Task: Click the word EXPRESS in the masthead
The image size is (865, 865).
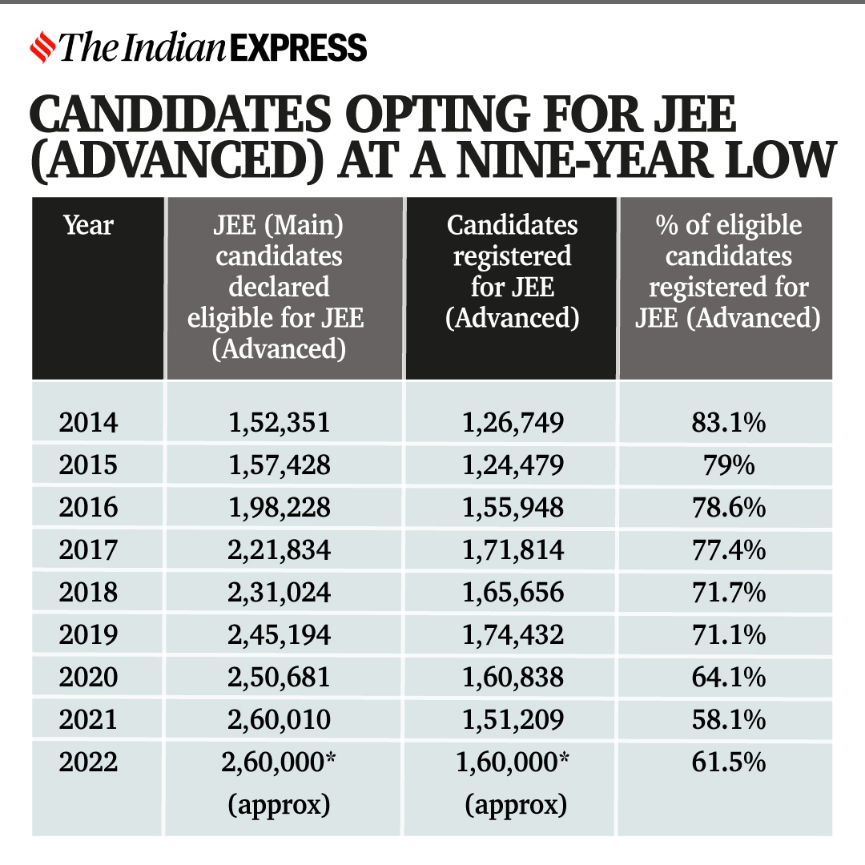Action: point(298,48)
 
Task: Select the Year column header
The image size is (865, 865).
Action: point(88,225)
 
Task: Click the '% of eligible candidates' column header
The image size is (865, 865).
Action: point(728,272)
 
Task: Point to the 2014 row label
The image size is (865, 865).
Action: point(88,422)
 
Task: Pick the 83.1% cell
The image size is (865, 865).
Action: point(728,422)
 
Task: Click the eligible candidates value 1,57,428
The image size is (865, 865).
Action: point(279,465)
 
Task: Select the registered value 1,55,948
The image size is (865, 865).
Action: point(513,507)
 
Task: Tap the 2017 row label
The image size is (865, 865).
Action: point(88,549)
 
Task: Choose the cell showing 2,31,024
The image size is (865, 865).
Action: point(279,592)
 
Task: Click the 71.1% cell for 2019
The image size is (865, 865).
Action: point(728,634)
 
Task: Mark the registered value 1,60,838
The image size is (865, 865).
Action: point(513,677)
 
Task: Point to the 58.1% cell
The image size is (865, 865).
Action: point(728,719)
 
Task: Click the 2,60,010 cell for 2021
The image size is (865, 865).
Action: point(279,719)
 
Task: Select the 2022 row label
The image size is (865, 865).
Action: point(88,762)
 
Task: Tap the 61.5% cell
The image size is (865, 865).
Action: point(728,762)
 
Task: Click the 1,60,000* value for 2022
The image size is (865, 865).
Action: point(513,762)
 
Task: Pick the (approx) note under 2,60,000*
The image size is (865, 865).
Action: point(279,804)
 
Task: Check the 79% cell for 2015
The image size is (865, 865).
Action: point(728,465)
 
